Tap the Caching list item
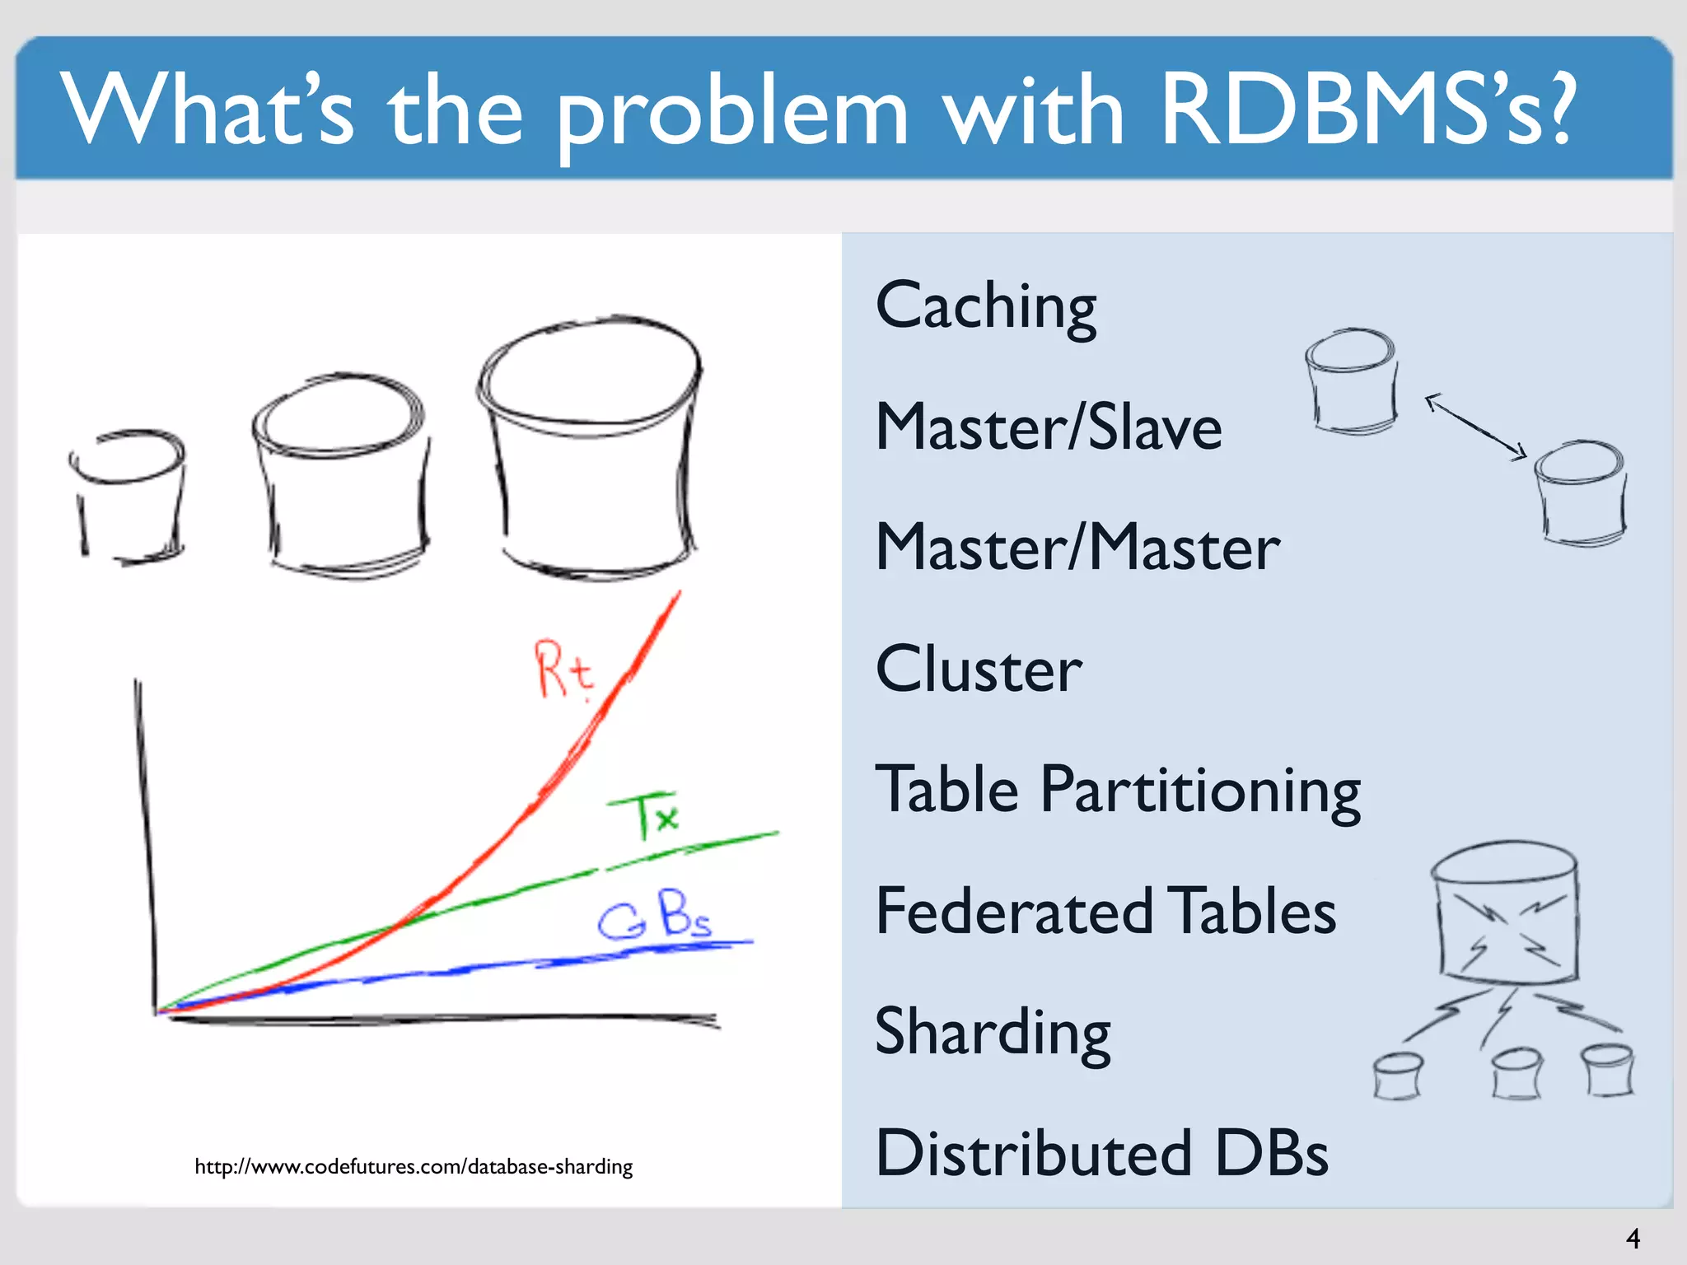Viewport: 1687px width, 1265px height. (x=985, y=306)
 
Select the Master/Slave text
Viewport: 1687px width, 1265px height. (x=1048, y=427)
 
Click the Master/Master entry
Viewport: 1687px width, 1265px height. (x=1077, y=548)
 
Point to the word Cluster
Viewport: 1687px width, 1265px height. (x=979, y=669)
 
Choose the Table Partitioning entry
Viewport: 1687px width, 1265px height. (x=1117, y=790)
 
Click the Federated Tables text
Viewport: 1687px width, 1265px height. (x=1105, y=911)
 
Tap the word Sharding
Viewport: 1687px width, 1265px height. (x=993, y=1032)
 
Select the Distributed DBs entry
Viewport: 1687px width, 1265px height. (x=1102, y=1153)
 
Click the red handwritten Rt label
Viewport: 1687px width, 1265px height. (x=563, y=670)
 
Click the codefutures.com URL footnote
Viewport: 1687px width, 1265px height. (x=414, y=1166)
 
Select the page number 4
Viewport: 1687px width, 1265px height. (x=1633, y=1238)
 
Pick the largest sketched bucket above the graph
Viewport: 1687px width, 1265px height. (x=590, y=445)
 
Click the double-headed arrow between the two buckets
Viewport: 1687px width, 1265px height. (x=1476, y=426)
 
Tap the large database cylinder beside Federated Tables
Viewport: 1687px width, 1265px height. (x=1506, y=913)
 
